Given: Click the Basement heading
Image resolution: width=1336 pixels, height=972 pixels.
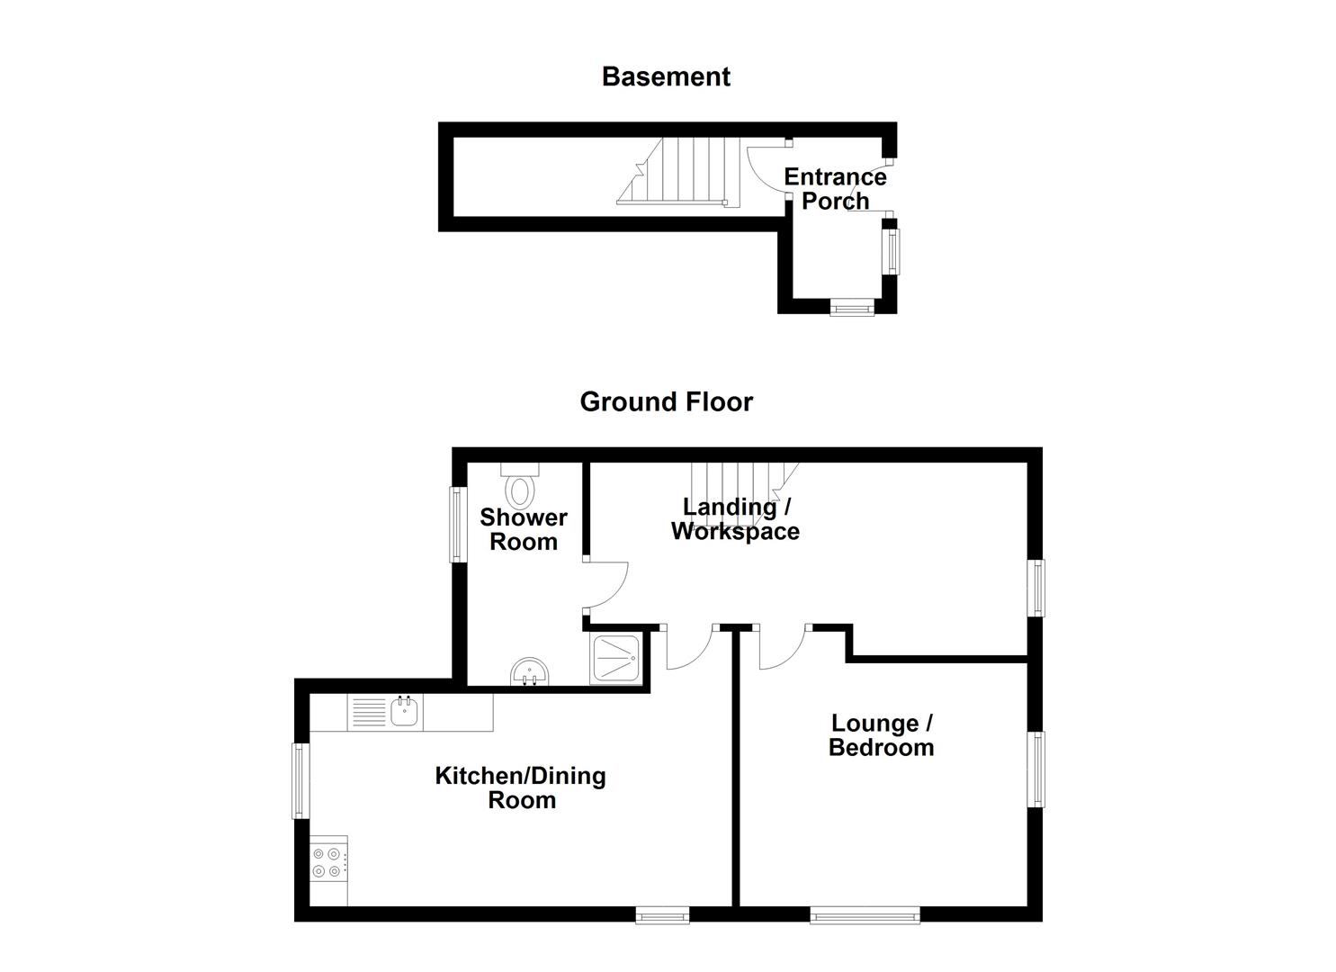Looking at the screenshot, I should point(666,77).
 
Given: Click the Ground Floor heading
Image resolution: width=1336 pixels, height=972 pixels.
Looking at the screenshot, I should point(666,401).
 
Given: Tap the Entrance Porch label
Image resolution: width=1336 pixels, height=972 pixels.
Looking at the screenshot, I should point(835,189).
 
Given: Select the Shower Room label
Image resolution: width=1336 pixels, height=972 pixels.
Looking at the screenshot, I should point(523,530).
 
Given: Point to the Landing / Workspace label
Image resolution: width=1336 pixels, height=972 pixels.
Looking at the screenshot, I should point(735,519).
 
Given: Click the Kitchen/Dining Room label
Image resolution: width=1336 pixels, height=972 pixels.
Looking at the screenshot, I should point(520,788).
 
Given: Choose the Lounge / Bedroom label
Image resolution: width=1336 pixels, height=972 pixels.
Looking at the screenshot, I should point(881,735).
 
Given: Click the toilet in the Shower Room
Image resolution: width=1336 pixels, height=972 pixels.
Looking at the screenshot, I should point(520,487).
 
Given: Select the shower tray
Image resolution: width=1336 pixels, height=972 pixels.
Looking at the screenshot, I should point(616,660).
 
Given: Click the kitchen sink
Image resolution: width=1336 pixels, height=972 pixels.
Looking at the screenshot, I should point(405,713).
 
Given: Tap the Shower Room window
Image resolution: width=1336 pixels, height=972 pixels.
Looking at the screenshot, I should point(458,525).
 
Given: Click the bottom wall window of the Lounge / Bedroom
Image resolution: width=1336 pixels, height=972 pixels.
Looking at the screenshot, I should point(865,915).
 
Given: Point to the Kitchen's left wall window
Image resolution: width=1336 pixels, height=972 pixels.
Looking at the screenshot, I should point(300,780).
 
